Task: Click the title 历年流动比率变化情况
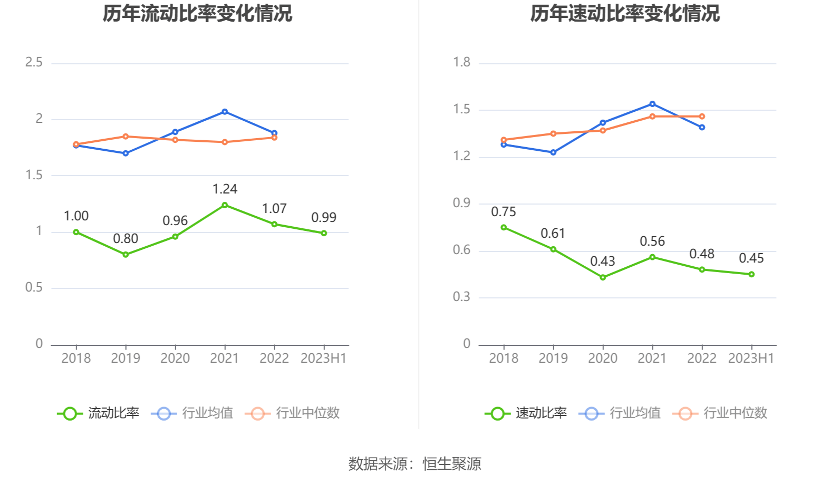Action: (x=197, y=14)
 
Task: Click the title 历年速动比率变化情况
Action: (x=625, y=14)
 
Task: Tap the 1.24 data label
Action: (x=225, y=189)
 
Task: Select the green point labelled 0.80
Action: (x=126, y=255)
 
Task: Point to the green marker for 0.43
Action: (x=603, y=277)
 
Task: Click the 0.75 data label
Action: (x=504, y=212)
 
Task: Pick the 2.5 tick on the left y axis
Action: (x=34, y=63)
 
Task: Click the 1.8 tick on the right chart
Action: (x=461, y=63)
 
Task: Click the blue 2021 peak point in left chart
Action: (x=225, y=112)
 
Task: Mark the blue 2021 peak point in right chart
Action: (x=652, y=104)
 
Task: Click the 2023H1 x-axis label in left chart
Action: (x=323, y=359)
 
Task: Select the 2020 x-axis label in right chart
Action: (x=603, y=359)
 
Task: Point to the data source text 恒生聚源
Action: (x=452, y=464)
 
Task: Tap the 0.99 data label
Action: (x=324, y=218)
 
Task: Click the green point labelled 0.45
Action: (x=751, y=274)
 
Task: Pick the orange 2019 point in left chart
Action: (x=126, y=137)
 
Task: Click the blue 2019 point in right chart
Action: (x=553, y=152)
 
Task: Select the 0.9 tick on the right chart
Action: (x=461, y=204)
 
